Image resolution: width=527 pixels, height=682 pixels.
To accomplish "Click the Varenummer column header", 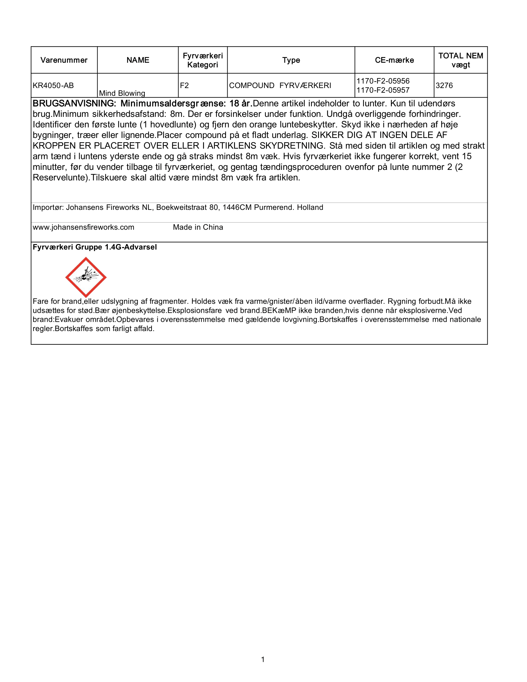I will point(64,60).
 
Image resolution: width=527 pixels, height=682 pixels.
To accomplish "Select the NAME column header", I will point(138,60).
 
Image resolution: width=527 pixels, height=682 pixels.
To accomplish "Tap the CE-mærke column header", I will point(394,60).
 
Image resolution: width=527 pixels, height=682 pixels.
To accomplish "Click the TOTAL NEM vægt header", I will point(460,60).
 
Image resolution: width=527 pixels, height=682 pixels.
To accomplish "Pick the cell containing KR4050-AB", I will point(53,86).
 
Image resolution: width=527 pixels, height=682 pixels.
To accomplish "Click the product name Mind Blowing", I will point(122,93).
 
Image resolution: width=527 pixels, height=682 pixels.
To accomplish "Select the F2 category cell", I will point(184,86).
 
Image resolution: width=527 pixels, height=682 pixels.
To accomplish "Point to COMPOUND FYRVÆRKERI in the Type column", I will point(280,86).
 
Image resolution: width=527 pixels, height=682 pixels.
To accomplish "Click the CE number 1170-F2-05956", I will point(383,81).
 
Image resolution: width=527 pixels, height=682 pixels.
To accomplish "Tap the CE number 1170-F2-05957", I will point(383,90).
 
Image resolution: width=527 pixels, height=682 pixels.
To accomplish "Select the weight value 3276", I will point(444,86).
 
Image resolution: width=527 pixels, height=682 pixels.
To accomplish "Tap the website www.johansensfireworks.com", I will point(83,227).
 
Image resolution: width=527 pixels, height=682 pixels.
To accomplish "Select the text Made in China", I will point(198,227).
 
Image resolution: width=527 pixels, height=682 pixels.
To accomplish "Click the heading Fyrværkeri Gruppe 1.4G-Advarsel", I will point(95,247).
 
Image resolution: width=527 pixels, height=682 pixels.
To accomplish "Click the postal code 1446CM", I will point(237,208).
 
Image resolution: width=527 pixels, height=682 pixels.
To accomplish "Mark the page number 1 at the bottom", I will point(263,659).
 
